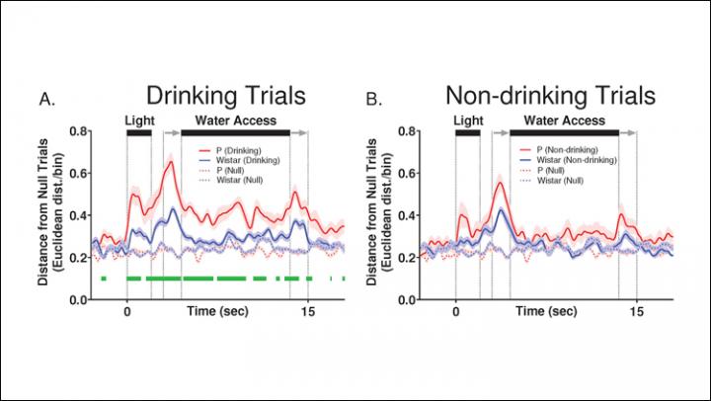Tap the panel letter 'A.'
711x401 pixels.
click(45, 99)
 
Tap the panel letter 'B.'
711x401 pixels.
click(374, 99)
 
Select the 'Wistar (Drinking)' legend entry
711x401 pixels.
click(248, 159)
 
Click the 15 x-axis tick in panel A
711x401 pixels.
click(307, 312)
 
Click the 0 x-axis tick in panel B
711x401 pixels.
click(455, 312)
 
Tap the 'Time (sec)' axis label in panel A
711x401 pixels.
click(218, 311)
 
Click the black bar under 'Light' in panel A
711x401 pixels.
click(139, 131)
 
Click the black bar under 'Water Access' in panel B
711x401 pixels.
click(564, 131)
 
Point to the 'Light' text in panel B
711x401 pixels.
click(467, 120)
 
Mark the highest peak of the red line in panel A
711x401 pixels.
click(171, 162)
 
